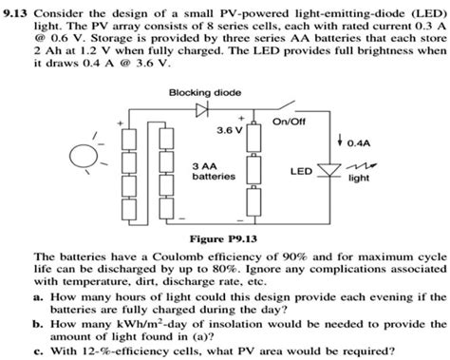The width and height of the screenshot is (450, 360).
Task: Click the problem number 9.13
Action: (x=18, y=9)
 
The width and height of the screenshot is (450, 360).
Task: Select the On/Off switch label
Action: (x=289, y=120)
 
